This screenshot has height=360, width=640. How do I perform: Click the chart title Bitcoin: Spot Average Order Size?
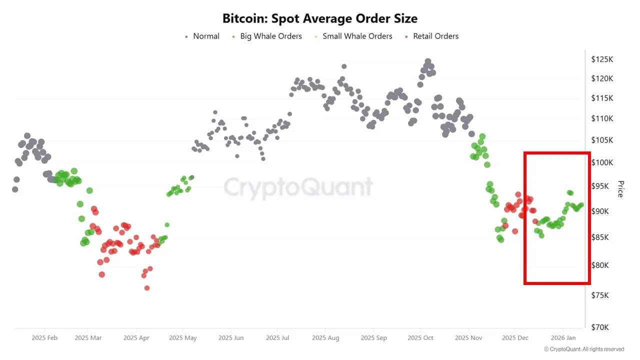[320, 18]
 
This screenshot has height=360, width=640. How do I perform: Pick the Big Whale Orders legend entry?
[270, 36]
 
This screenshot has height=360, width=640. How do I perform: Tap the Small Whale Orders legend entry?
[357, 36]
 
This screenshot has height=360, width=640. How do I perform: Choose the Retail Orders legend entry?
[435, 36]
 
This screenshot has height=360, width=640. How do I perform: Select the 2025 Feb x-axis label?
[44, 338]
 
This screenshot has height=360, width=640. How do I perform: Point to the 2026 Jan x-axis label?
[563, 338]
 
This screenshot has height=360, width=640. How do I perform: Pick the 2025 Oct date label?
[420, 338]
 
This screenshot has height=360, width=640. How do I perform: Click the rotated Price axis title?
[620, 189]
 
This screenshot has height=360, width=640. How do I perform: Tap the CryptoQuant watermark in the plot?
[298, 187]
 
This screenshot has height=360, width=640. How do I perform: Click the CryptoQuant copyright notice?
[583, 349]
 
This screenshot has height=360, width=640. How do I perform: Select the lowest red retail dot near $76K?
[147, 288]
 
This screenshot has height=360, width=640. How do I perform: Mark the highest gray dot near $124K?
[428, 61]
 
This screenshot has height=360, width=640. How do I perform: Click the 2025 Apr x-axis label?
[136, 338]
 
